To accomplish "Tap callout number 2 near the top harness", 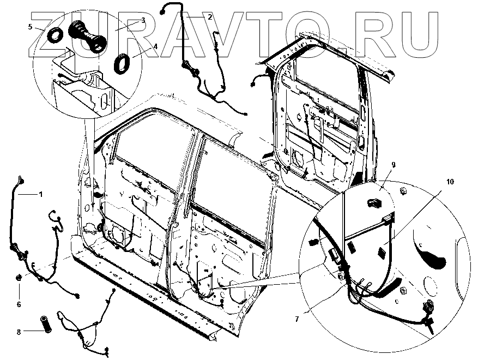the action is [x=209, y=17].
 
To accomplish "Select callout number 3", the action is [x=143, y=20].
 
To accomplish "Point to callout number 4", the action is [x=155, y=47].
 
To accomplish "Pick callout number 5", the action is [x=31, y=27].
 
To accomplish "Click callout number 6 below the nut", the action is [x=19, y=304].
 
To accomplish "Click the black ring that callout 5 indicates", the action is [x=55, y=36].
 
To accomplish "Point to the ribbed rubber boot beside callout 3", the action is [x=87, y=36].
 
